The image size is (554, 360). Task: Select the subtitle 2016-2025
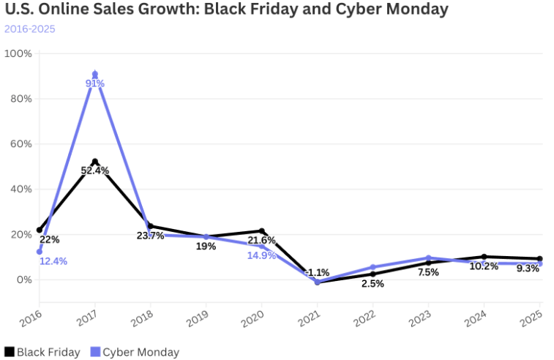click(29, 29)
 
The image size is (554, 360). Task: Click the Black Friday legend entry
click(42, 352)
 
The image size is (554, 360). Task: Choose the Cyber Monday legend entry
click(135, 352)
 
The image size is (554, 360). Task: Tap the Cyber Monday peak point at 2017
click(95, 75)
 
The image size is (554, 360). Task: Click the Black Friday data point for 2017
click(95, 162)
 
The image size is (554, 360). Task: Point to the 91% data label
click(95, 83)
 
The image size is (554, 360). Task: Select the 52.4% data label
click(95, 171)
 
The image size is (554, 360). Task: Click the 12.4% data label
click(53, 261)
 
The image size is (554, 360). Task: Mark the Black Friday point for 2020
click(262, 231)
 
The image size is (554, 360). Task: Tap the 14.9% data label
click(261, 255)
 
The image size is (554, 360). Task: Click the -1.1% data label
click(317, 272)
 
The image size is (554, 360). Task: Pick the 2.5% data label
click(373, 284)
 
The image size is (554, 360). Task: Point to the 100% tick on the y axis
click(18, 53)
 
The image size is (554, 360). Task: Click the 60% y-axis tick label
click(20, 144)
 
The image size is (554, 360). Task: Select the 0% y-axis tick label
click(23, 280)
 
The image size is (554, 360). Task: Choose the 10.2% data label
click(484, 266)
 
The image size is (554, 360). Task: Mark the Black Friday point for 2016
click(40, 230)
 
